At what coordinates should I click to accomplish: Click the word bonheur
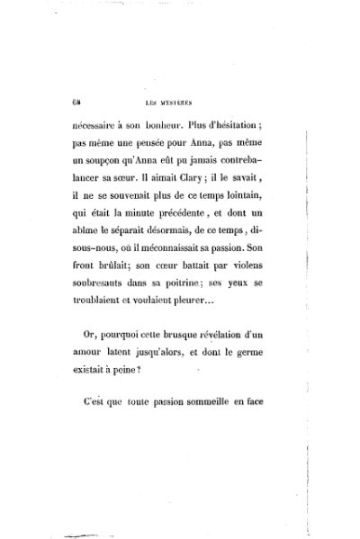pos(168,128)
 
